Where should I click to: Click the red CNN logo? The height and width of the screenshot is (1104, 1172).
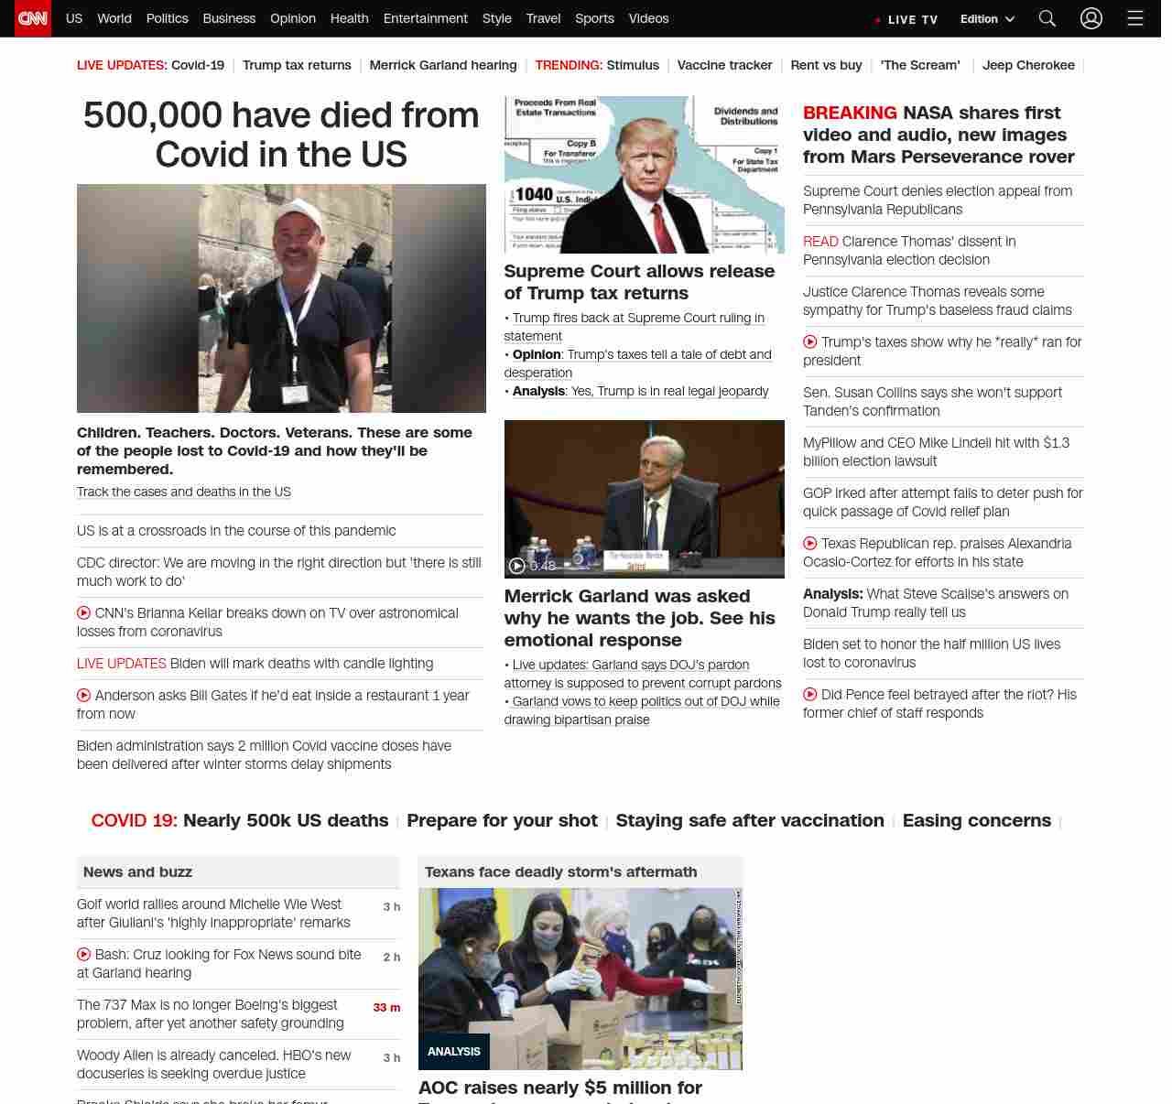tap(33, 18)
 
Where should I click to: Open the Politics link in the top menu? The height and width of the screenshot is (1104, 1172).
tap(167, 18)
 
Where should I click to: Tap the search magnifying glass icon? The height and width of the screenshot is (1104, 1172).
tap(1047, 18)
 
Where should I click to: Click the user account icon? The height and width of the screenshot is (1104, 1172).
tap(1091, 18)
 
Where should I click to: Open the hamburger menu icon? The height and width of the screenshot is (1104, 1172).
tap(1135, 18)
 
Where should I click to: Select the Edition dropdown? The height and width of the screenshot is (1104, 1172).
tap(987, 19)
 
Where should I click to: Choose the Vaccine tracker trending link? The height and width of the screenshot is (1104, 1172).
tap(724, 65)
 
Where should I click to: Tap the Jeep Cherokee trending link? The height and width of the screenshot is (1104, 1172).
tap(1028, 65)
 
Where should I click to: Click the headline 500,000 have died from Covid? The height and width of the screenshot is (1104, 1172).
tap(281, 134)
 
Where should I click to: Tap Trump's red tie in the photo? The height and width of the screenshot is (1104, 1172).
tap(659, 224)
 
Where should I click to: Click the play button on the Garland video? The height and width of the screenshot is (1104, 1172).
tap(517, 566)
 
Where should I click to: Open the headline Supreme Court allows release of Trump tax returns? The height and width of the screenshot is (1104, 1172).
tap(639, 282)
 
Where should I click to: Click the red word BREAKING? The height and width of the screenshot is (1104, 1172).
tap(850, 113)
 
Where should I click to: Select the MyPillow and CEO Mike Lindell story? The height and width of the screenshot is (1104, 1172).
tap(936, 451)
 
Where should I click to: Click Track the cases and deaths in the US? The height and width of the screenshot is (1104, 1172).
tap(184, 492)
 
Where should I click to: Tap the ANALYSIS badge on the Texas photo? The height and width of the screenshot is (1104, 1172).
tap(454, 1051)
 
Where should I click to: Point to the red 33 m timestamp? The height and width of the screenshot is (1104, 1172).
tap(386, 1007)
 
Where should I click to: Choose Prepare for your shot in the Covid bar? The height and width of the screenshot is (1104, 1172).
tap(502, 820)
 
